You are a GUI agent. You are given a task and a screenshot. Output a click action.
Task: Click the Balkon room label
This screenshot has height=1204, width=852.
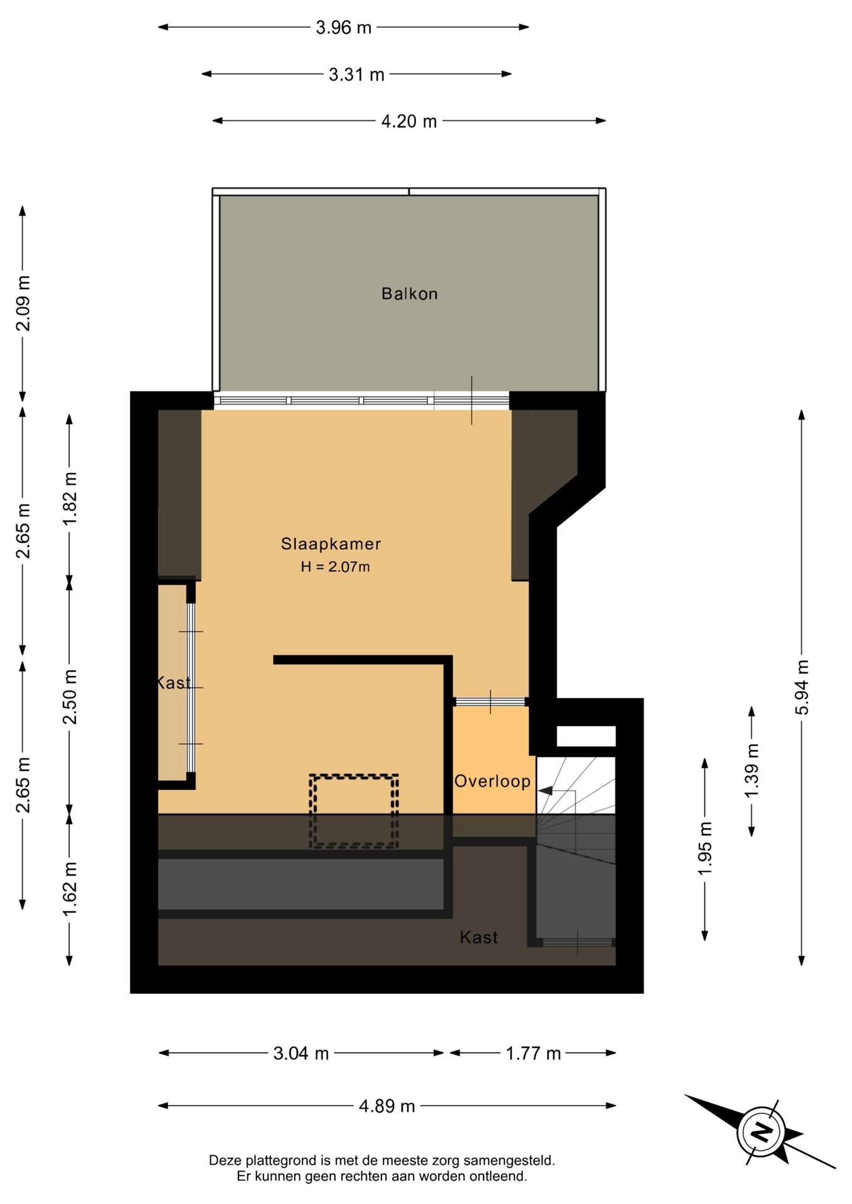click(x=409, y=293)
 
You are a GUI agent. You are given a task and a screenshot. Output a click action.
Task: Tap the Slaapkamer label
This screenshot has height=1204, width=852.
click(x=331, y=544)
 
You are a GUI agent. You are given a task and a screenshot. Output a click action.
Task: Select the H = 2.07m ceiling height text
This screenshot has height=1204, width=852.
click(x=335, y=567)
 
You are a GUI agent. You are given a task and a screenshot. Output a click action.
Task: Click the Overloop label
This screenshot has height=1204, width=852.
click(x=493, y=781)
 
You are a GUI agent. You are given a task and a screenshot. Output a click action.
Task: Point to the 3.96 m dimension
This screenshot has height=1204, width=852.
click(x=343, y=28)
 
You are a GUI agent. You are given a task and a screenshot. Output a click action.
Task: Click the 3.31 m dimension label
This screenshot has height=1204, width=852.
click(x=356, y=75)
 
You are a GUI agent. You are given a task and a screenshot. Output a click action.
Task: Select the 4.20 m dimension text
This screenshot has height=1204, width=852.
click(x=409, y=121)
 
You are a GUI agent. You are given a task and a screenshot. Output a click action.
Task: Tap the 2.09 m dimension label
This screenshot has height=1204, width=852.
click(x=23, y=304)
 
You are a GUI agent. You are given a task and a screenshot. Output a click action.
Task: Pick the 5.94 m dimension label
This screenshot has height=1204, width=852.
click(x=802, y=687)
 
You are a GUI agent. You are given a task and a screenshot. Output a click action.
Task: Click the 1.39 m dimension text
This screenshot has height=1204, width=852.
click(x=752, y=771)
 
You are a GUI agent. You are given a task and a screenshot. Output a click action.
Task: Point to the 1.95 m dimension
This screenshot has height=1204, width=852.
click(x=705, y=848)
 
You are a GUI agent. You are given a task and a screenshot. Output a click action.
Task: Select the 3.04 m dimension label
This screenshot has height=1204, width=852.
click(x=301, y=1053)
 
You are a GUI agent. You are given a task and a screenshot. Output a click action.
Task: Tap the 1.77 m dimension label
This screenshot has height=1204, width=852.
click(x=533, y=1053)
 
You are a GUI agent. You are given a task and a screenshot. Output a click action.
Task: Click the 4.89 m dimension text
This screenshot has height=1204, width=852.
click(x=387, y=1106)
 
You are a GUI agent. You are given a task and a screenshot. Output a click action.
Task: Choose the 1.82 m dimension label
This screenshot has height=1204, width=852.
click(x=70, y=499)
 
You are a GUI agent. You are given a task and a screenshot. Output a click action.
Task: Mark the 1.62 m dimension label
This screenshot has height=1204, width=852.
click(x=70, y=889)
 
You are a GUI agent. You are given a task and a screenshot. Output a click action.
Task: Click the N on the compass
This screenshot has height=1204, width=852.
click(x=762, y=1132)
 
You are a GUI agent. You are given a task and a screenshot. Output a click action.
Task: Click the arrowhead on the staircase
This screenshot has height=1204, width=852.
click(x=545, y=791)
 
